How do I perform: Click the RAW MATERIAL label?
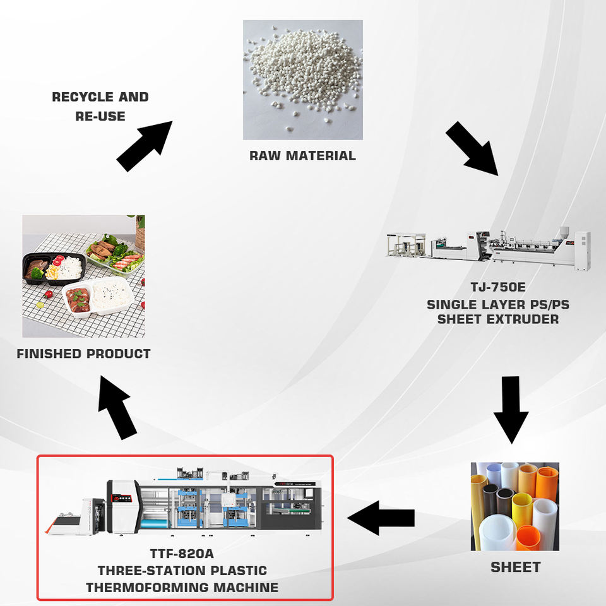click(x=302, y=155)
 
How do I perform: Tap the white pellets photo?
click(x=302, y=80)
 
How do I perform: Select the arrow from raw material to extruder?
click(x=472, y=149)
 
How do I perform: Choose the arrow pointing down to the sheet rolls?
click(x=511, y=408)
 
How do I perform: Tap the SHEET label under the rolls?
click(x=515, y=567)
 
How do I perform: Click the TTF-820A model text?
click(x=182, y=554)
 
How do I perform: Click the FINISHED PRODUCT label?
click(x=83, y=353)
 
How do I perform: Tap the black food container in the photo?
click(x=54, y=269)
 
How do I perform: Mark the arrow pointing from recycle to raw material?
click(x=144, y=146)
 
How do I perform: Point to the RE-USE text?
click(x=100, y=116)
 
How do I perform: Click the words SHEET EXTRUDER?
click(x=497, y=319)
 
